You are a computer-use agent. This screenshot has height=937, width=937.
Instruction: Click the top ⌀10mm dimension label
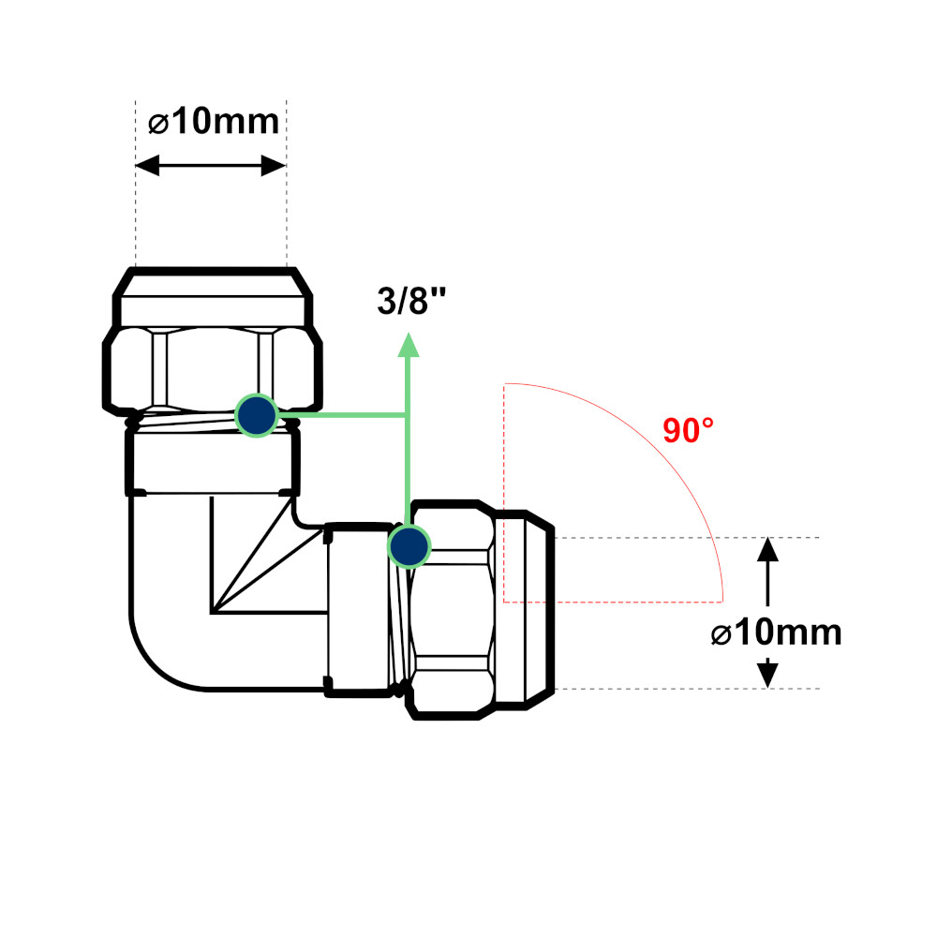[214, 122]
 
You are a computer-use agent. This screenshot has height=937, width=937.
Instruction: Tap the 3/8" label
[410, 303]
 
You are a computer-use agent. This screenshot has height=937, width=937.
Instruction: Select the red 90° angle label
[688, 430]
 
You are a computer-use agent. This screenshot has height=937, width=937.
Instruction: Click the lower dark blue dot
[408, 546]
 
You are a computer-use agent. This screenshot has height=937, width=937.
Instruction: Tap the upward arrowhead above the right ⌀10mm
[768, 549]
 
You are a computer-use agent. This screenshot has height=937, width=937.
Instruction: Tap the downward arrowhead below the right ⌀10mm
[768, 675]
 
